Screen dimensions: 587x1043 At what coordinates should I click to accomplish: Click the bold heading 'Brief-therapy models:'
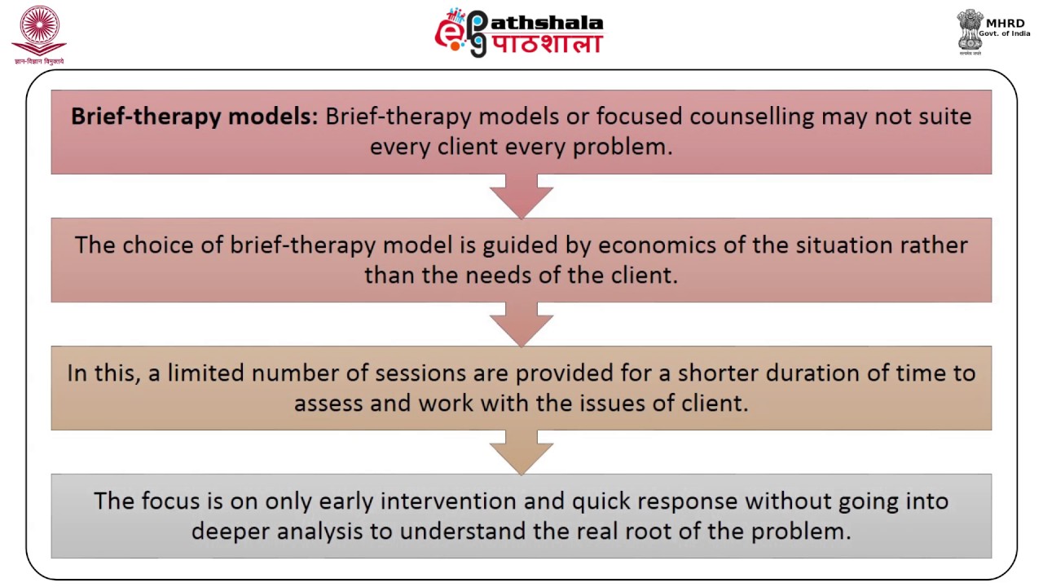[x=194, y=117]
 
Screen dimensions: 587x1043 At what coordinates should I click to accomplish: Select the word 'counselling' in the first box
[x=751, y=117]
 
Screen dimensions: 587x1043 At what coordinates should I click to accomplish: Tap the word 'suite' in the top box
[x=945, y=117]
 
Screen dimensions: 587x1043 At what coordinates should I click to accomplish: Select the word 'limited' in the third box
[x=205, y=373]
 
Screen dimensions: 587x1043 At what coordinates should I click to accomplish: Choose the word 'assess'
[x=329, y=404]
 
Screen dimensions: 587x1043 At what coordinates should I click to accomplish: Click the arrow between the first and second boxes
[x=521, y=196]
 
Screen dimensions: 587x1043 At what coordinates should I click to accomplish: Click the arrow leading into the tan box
[x=521, y=324]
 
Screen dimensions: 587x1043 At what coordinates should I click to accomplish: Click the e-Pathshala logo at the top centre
[x=519, y=33]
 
